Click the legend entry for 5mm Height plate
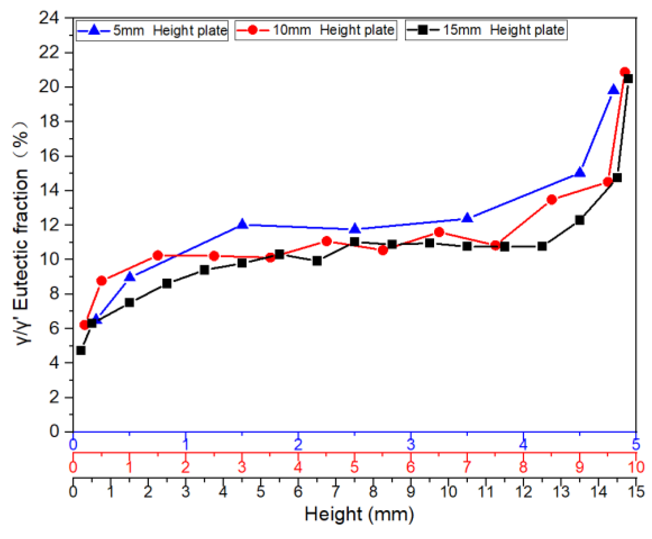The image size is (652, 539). tap(152, 30)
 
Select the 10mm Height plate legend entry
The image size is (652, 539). tap(316, 30)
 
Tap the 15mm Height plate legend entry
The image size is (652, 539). tap(486, 30)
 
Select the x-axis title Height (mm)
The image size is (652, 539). tap(359, 514)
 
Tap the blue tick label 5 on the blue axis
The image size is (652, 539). tap(636, 445)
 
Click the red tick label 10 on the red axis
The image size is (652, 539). tap(636, 467)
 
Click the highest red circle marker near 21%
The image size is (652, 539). tap(624, 72)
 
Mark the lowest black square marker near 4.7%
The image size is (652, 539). tap(81, 350)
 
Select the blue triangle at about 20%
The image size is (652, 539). tap(613, 89)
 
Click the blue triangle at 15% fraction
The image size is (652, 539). tap(580, 173)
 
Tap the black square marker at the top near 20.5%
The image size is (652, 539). tap(628, 79)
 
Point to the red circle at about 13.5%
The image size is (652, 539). tap(552, 200)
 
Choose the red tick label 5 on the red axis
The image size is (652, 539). tap(354, 467)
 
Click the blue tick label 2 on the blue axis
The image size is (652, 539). tap(298, 445)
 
